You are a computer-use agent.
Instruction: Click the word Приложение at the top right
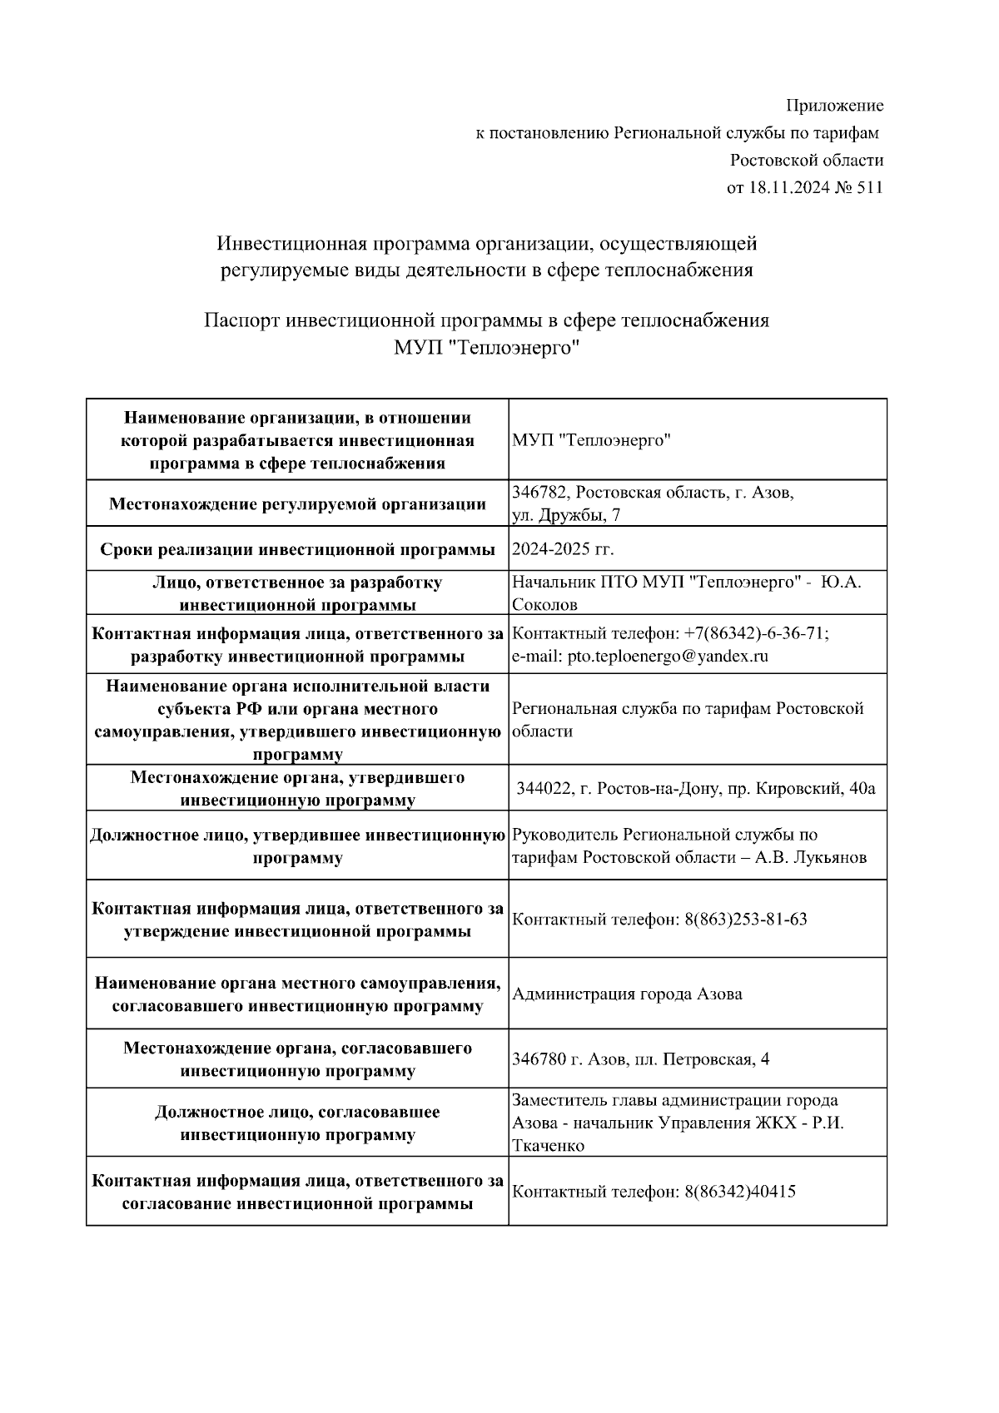[x=834, y=106]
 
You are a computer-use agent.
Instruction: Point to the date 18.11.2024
[x=788, y=187]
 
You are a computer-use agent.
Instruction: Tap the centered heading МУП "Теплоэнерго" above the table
[x=486, y=348]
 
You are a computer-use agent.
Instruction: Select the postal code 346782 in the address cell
[x=539, y=492]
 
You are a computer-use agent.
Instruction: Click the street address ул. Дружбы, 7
[x=565, y=515]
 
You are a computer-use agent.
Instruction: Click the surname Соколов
[x=544, y=604]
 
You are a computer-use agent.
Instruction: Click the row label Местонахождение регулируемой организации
[x=297, y=503]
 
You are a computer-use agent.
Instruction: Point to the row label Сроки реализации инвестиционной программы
[x=297, y=549]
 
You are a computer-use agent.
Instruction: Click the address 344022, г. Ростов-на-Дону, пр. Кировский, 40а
[x=696, y=788]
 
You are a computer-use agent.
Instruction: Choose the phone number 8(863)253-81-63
[x=745, y=920]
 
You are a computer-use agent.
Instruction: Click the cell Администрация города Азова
[x=627, y=994]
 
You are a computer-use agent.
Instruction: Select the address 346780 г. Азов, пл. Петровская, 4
[x=640, y=1059]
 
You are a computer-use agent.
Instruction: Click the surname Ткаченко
[x=548, y=1145]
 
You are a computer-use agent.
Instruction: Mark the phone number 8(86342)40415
[x=739, y=1192]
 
